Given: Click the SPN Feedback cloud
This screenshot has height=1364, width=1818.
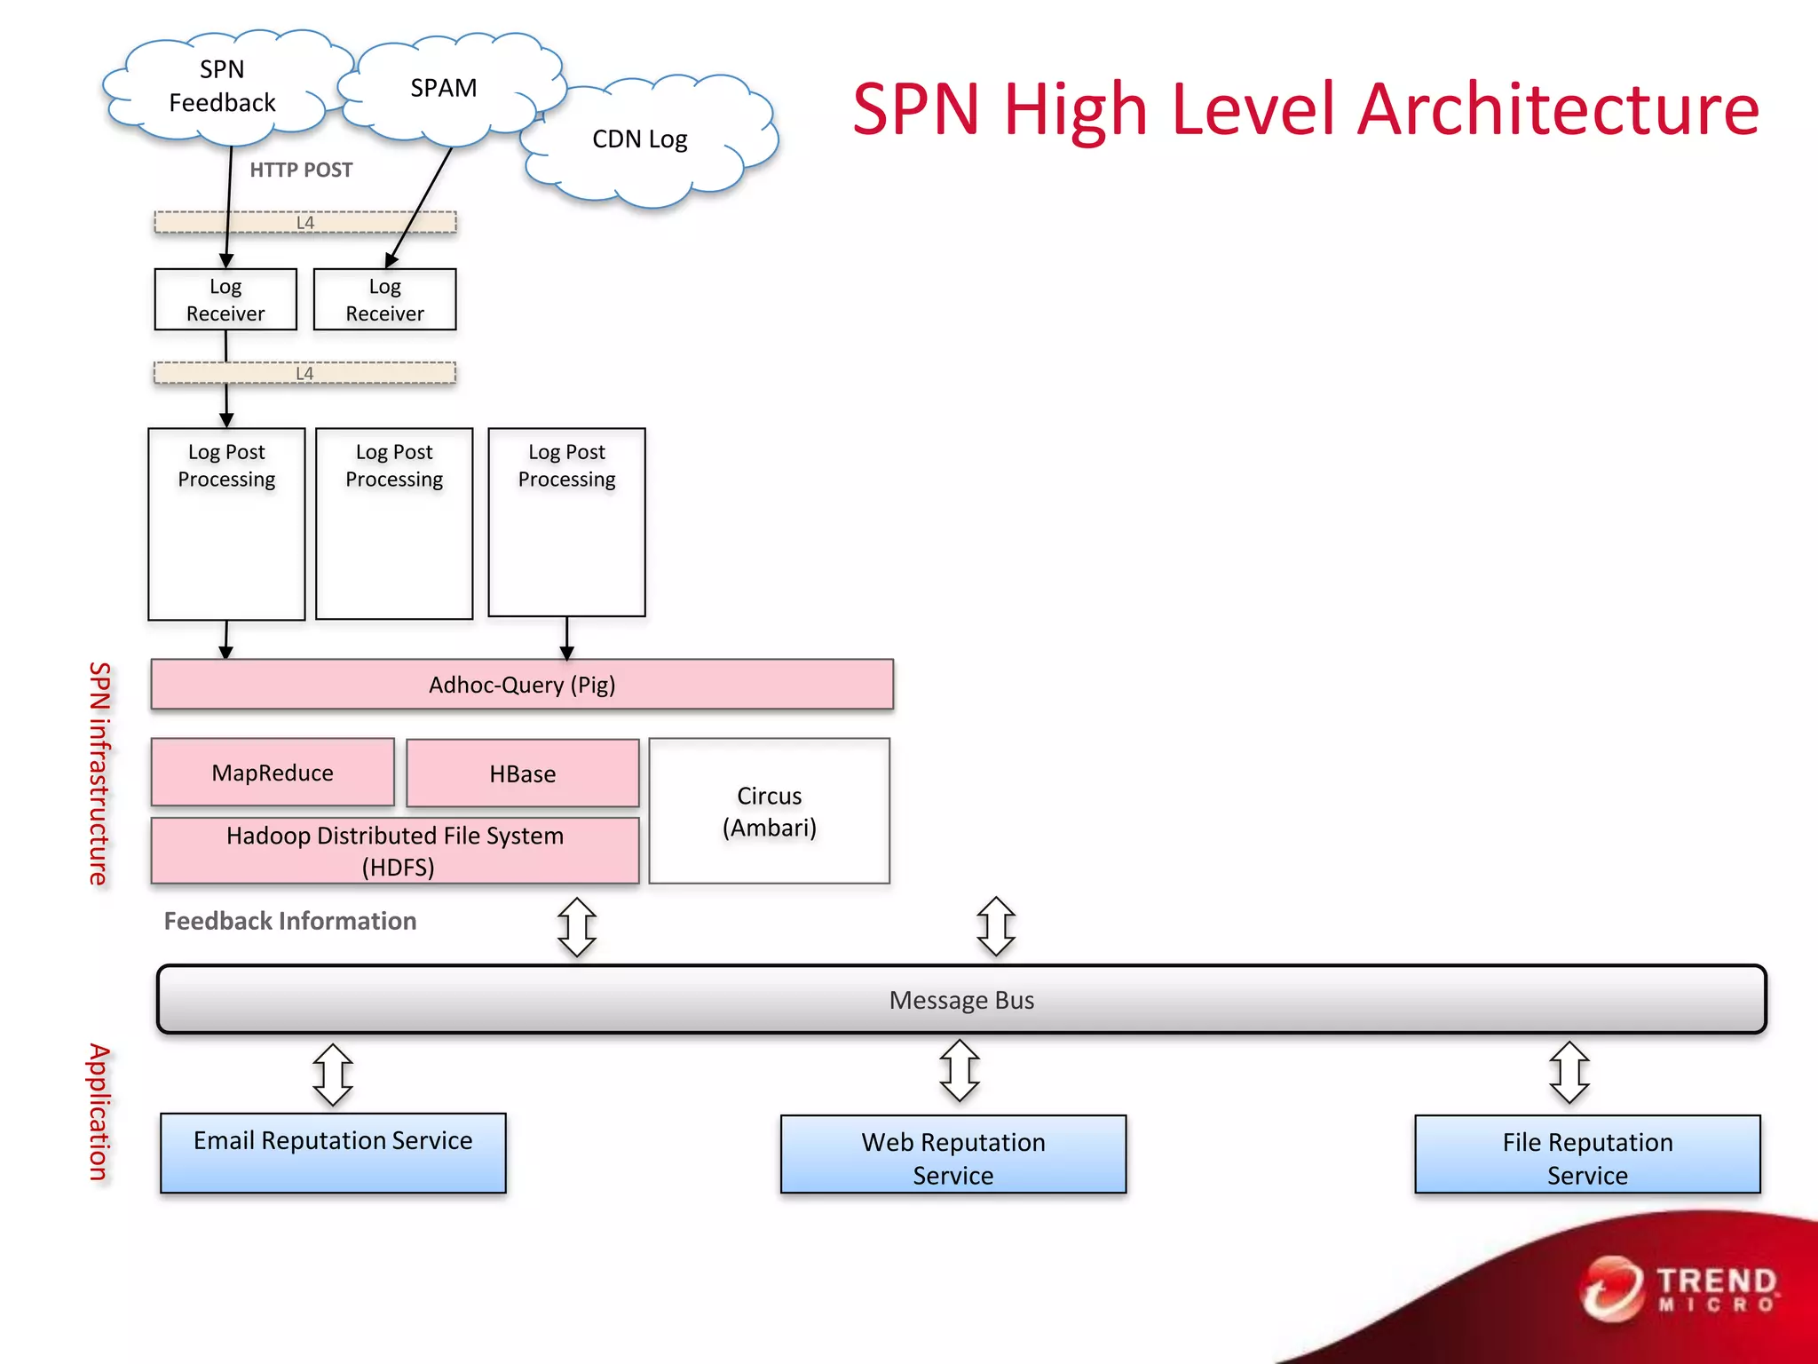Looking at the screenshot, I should (222, 87).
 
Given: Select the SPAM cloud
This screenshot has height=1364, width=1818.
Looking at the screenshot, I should (444, 89).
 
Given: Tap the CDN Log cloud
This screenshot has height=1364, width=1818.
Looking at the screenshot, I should (641, 139).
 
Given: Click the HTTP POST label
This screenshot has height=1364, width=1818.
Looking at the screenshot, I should (301, 170).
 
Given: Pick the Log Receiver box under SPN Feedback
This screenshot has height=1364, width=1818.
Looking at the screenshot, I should (225, 300).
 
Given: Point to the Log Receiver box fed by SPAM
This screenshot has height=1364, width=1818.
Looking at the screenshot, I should (384, 300).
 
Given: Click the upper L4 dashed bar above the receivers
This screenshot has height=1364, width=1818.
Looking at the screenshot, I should (305, 222).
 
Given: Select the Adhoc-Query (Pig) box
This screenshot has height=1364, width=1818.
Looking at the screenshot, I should (522, 685).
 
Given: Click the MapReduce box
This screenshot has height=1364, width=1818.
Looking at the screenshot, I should (273, 773).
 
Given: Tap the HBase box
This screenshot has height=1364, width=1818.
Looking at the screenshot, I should (522, 773).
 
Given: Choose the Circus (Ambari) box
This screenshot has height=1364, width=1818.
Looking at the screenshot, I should (769, 811).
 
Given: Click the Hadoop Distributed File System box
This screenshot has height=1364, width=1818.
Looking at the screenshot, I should (395, 851).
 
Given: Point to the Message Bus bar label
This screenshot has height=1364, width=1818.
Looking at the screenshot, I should (961, 1000).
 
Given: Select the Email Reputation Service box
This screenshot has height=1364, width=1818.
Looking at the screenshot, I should (333, 1153).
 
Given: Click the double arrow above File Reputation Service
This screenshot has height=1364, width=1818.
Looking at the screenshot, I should (1569, 1073).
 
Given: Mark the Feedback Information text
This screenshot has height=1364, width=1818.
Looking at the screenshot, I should (290, 921).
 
